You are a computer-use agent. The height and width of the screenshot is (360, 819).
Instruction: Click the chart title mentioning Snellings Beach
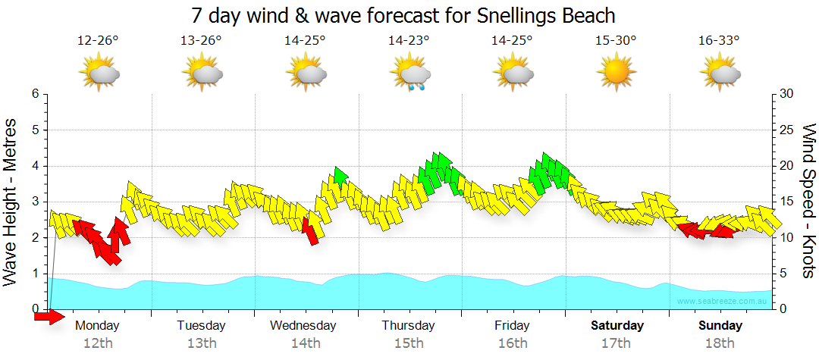point(403,15)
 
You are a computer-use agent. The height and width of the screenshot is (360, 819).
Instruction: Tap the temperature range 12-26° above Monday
point(98,41)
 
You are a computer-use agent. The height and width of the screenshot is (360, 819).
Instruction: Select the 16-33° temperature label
point(718,41)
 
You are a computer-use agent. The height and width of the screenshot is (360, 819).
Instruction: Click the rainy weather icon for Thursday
point(410,74)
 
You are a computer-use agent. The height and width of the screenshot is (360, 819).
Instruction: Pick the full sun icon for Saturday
point(615,74)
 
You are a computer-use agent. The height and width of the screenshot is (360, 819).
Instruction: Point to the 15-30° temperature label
point(615,41)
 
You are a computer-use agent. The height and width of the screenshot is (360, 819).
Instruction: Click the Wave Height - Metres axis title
point(11,202)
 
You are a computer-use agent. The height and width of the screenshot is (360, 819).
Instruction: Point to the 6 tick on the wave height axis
point(34,94)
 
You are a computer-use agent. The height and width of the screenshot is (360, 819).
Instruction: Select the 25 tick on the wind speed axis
point(786,130)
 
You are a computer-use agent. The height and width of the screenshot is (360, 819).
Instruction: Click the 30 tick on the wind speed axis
point(786,94)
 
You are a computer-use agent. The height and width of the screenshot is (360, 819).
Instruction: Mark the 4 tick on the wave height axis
point(34,166)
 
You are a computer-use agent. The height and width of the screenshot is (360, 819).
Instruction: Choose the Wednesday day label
point(303,326)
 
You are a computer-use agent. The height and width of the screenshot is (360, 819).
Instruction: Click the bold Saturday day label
point(617,326)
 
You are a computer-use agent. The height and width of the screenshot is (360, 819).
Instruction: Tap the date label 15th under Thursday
point(408,343)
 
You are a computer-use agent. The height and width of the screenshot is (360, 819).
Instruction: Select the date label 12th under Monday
point(98,343)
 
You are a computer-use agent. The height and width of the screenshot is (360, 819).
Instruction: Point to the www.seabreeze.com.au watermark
point(723,302)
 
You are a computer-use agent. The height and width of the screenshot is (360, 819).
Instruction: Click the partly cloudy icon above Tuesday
point(202,74)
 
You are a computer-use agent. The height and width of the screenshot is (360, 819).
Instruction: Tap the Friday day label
point(512,326)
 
